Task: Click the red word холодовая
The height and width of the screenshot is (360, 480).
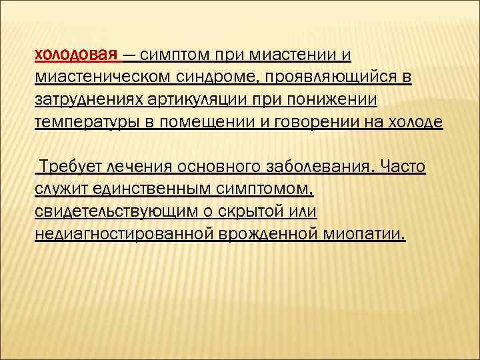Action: click(76, 54)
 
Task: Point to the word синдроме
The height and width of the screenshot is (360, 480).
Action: click(213, 77)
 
